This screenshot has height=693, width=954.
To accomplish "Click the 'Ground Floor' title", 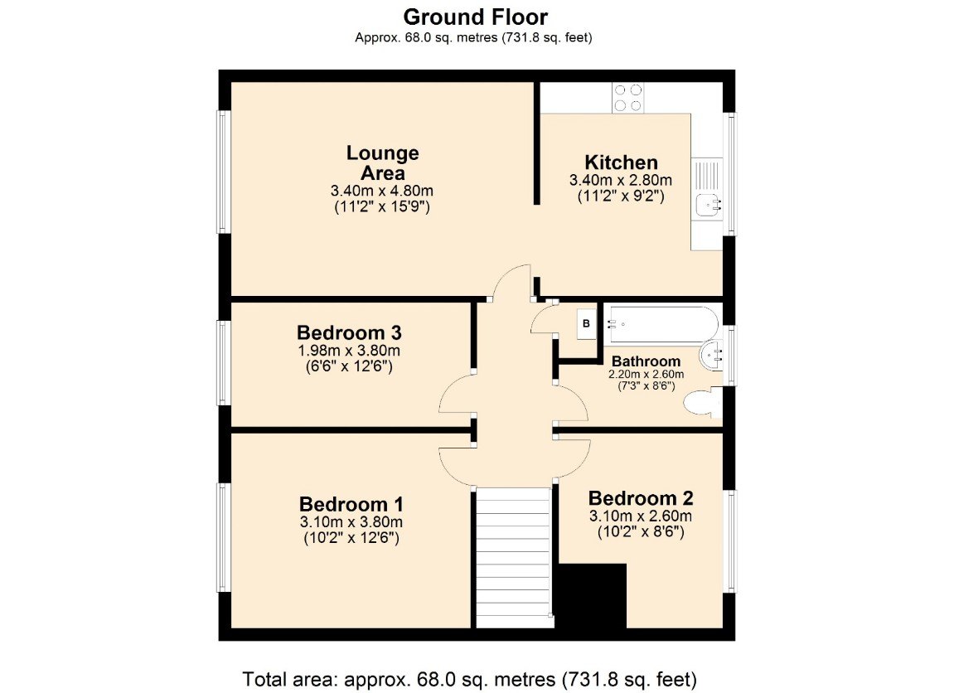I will click(475, 17).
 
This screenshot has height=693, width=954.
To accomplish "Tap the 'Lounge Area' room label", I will click(382, 163).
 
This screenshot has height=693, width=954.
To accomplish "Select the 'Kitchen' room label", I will click(621, 162).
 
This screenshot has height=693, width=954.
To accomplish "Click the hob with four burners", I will click(627, 98).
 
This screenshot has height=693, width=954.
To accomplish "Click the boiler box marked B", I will click(586, 323).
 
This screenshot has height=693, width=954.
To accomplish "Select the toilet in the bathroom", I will click(701, 405).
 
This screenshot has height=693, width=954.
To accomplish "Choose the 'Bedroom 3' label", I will click(349, 332).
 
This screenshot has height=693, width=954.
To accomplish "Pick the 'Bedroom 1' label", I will click(351, 504).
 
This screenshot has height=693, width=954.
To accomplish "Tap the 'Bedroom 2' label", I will click(640, 498).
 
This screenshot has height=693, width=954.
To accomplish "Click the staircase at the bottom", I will click(513, 557).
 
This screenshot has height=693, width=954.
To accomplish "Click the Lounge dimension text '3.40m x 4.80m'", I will click(382, 191).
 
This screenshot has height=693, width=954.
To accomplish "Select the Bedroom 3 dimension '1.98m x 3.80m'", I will click(349, 351).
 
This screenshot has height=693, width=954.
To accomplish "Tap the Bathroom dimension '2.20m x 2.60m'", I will click(646, 375).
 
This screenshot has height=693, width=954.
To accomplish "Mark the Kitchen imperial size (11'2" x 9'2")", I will click(620, 197).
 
